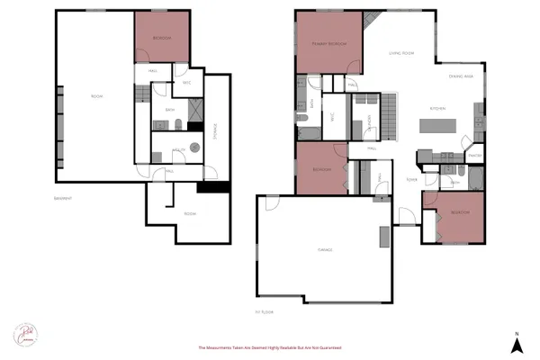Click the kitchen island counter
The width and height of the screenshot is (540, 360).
(440, 127)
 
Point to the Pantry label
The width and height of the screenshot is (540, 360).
(475, 155)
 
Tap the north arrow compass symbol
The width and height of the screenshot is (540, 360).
(517, 345)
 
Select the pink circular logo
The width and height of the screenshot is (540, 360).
(24, 334)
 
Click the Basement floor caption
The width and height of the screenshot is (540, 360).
(62, 197)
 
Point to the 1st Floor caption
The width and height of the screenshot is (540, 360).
(264, 311)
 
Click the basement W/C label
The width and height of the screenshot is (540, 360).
(186, 83)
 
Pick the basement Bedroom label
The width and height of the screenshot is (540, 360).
(162, 38)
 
